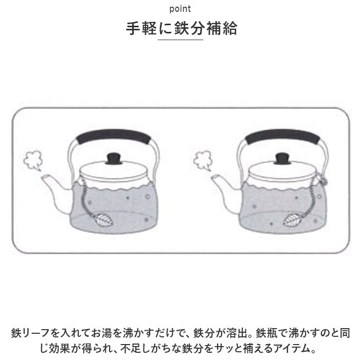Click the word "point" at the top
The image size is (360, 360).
180,9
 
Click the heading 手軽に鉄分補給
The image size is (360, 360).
182,28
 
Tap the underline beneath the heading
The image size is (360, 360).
180,40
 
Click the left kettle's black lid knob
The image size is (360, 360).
114,158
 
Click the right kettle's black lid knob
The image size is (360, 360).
283,158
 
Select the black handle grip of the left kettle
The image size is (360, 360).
114,136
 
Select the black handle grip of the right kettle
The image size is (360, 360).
283,136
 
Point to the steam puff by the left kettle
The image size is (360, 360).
33,160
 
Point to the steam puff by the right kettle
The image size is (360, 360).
203,160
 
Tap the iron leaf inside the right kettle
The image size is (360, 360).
293,220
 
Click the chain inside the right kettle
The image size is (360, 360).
311,200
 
